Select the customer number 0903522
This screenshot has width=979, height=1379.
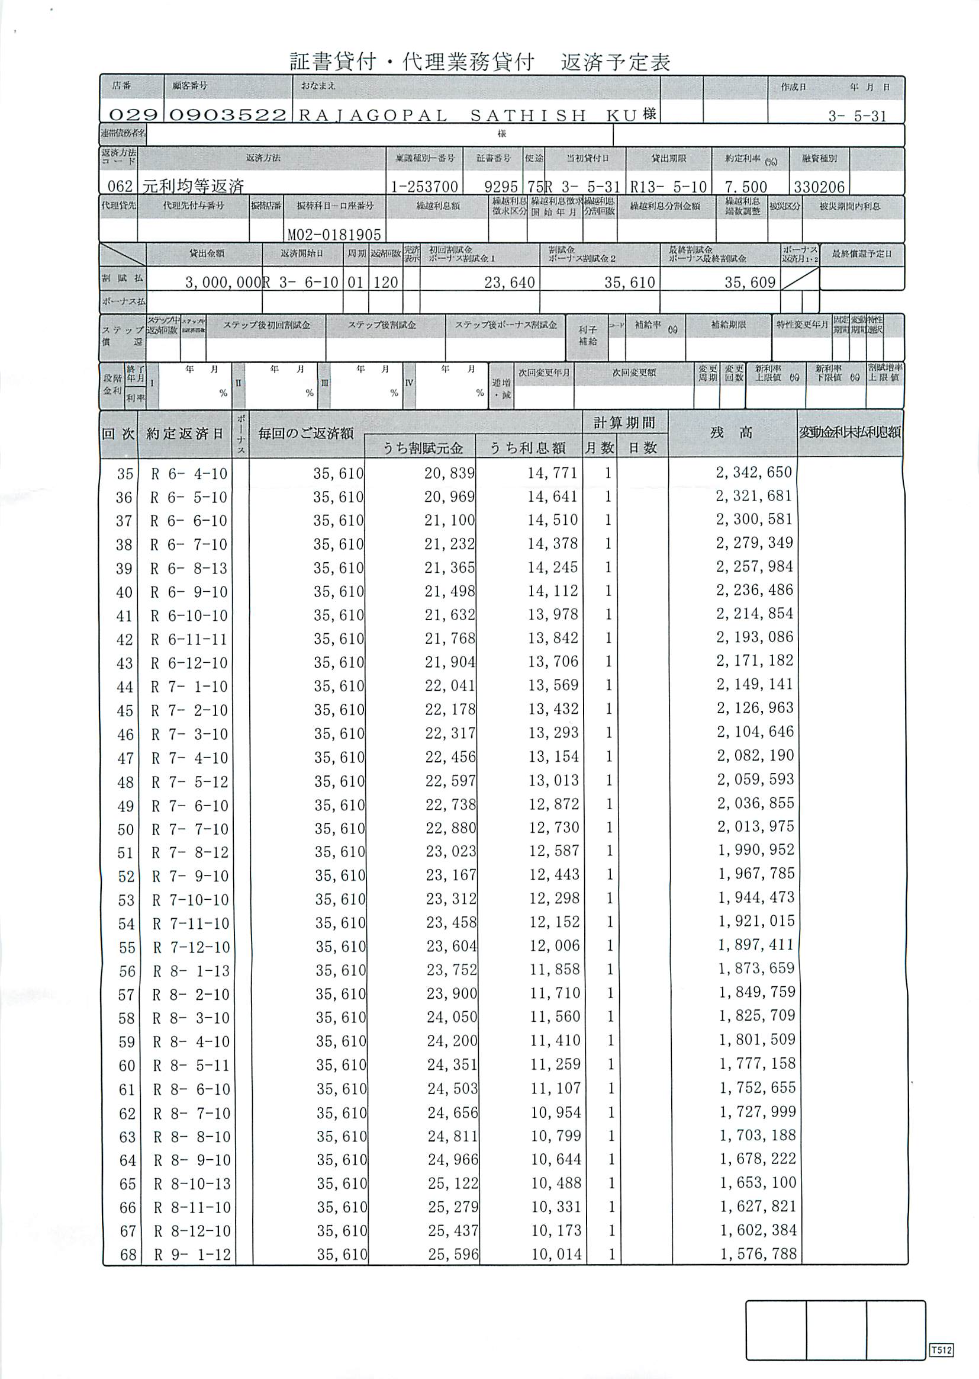click(227, 114)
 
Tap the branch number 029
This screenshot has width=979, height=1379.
click(133, 114)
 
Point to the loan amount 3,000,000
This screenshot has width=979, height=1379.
click(223, 283)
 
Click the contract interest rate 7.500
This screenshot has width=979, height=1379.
click(746, 187)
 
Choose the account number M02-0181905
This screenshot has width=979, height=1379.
click(334, 234)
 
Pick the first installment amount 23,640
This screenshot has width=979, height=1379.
click(510, 283)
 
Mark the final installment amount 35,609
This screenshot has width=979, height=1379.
click(749, 283)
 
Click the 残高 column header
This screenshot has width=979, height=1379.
click(731, 433)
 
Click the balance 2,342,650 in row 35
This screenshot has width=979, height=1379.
click(753, 472)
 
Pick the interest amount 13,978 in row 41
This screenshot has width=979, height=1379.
click(553, 615)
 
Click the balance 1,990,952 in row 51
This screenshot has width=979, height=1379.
click(756, 850)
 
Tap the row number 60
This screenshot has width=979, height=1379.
click(127, 1065)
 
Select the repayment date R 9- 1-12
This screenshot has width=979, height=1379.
click(192, 1255)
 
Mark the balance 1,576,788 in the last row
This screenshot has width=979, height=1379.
click(758, 1254)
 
